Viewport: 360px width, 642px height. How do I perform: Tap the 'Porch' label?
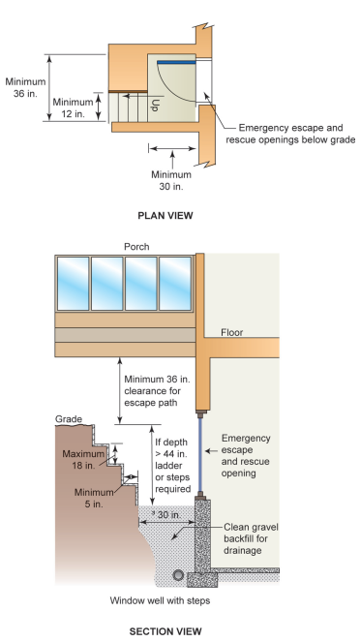(x=136, y=246)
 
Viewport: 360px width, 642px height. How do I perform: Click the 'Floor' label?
(x=232, y=331)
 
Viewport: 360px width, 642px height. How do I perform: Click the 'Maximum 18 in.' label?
(x=85, y=460)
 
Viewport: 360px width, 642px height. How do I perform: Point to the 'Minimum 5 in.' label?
(x=94, y=496)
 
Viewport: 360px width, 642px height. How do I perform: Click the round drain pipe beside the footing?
(x=177, y=574)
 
